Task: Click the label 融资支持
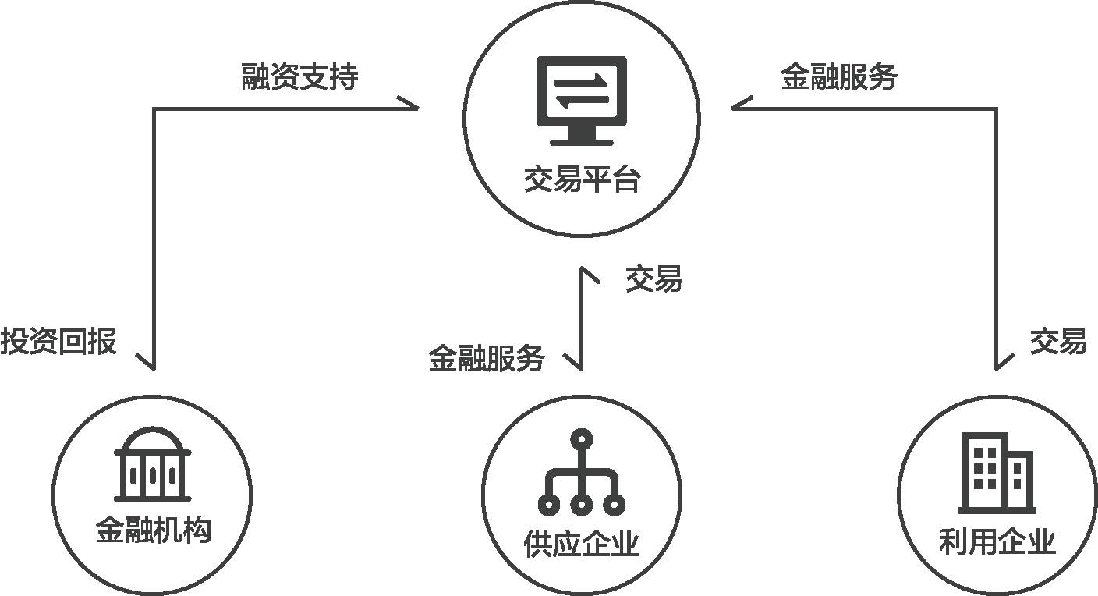(300, 77)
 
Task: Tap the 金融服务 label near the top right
(839, 77)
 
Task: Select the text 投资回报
(58, 342)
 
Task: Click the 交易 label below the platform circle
(653, 278)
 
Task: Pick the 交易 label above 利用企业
(1058, 342)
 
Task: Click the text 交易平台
(582, 180)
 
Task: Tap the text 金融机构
(154, 531)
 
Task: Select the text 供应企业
(582, 544)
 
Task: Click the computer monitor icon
(582, 100)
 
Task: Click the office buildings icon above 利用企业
(996, 473)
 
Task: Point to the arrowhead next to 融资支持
(409, 105)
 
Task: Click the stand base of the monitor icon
(582, 141)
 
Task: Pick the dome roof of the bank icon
(153, 438)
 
